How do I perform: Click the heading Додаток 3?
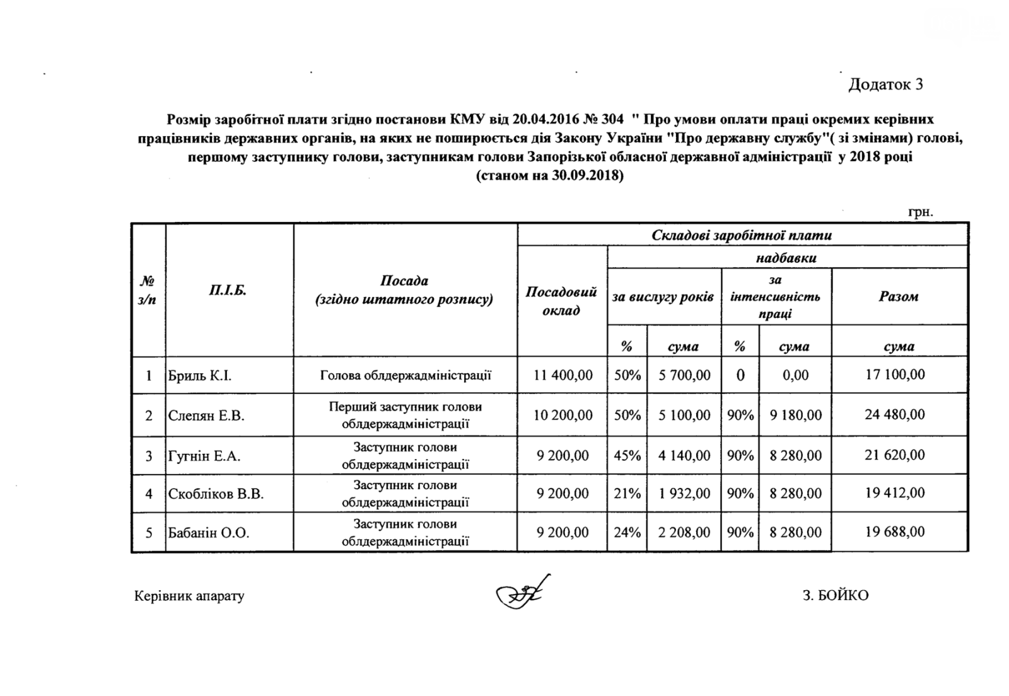click(x=885, y=84)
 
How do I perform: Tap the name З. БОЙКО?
click(x=836, y=595)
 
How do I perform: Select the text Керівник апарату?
click(x=189, y=596)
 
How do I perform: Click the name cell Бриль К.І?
click(x=200, y=376)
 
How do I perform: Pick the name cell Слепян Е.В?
click(x=206, y=415)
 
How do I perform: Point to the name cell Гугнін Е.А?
click(x=204, y=456)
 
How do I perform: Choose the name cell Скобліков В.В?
click(x=216, y=494)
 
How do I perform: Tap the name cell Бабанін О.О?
click(x=209, y=533)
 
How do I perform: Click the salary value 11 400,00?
click(x=563, y=376)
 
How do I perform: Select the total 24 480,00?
click(x=895, y=415)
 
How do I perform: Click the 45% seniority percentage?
click(x=627, y=455)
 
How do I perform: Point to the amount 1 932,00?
click(x=684, y=494)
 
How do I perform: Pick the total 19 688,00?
click(x=895, y=532)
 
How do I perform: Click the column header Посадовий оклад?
click(x=561, y=301)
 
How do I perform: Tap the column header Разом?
click(x=899, y=296)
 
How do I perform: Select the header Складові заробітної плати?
click(x=742, y=236)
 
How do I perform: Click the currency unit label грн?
click(x=920, y=212)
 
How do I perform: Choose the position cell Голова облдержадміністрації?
click(x=405, y=376)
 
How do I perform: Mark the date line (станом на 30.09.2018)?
click(x=549, y=176)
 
